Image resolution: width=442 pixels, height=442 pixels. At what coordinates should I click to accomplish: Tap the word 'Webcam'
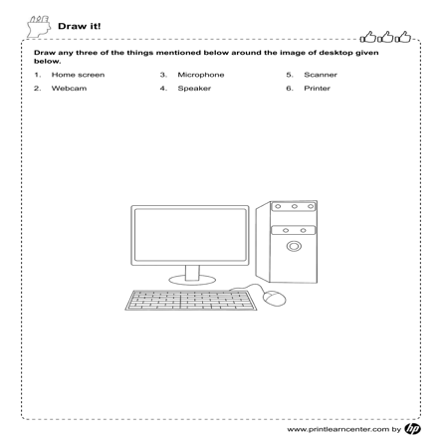(x=69, y=89)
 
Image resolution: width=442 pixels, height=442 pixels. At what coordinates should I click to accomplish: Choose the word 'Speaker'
(x=195, y=89)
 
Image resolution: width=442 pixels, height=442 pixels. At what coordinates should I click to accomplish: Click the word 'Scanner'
(x=322, y=75)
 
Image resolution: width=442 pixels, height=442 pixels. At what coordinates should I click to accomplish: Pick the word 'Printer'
(x=319, y=89)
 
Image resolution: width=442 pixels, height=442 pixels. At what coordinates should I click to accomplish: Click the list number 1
(x=36, y=75)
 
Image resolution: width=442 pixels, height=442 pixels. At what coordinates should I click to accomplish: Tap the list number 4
(x=162, y=89)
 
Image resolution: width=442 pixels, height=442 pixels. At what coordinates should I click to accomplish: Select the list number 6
(x=289, y=89)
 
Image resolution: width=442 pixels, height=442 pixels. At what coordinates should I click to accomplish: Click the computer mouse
(x=276, y=297)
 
